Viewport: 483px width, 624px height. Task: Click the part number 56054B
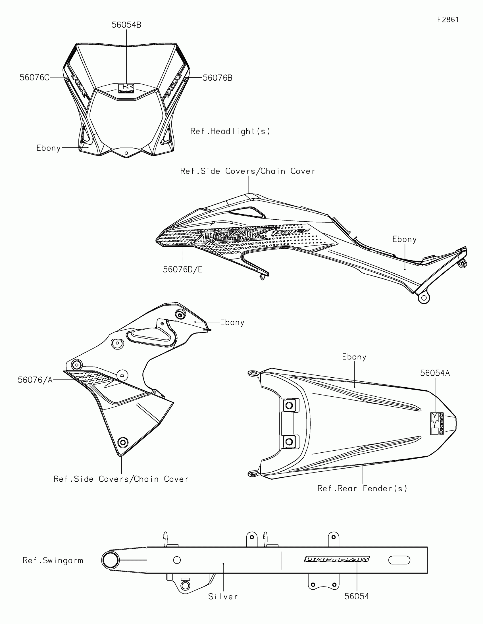126,25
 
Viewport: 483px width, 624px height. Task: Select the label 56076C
34,77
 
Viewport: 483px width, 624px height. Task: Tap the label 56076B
217,78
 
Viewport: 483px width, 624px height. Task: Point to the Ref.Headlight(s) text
230,131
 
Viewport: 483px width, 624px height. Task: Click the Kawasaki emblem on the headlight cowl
126,88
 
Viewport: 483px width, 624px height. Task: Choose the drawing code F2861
448,20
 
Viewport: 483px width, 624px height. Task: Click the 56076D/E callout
182,269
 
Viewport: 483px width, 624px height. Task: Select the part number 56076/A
35,380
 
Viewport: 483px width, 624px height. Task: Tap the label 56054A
435,373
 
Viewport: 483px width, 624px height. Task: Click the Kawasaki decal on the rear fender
437,423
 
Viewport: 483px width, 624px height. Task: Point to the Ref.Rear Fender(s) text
362,488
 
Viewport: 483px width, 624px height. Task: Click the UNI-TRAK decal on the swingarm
337,559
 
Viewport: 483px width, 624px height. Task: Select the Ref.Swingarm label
53,560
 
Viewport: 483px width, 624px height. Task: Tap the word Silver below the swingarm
223,596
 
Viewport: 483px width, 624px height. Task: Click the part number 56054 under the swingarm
357,596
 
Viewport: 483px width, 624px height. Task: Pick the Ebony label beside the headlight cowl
49,148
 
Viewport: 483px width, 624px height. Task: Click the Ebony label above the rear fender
354,357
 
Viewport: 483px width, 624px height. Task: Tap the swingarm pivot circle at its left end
111,560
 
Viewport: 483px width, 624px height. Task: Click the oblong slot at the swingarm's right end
399,560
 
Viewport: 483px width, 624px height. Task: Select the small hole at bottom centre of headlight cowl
126,153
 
